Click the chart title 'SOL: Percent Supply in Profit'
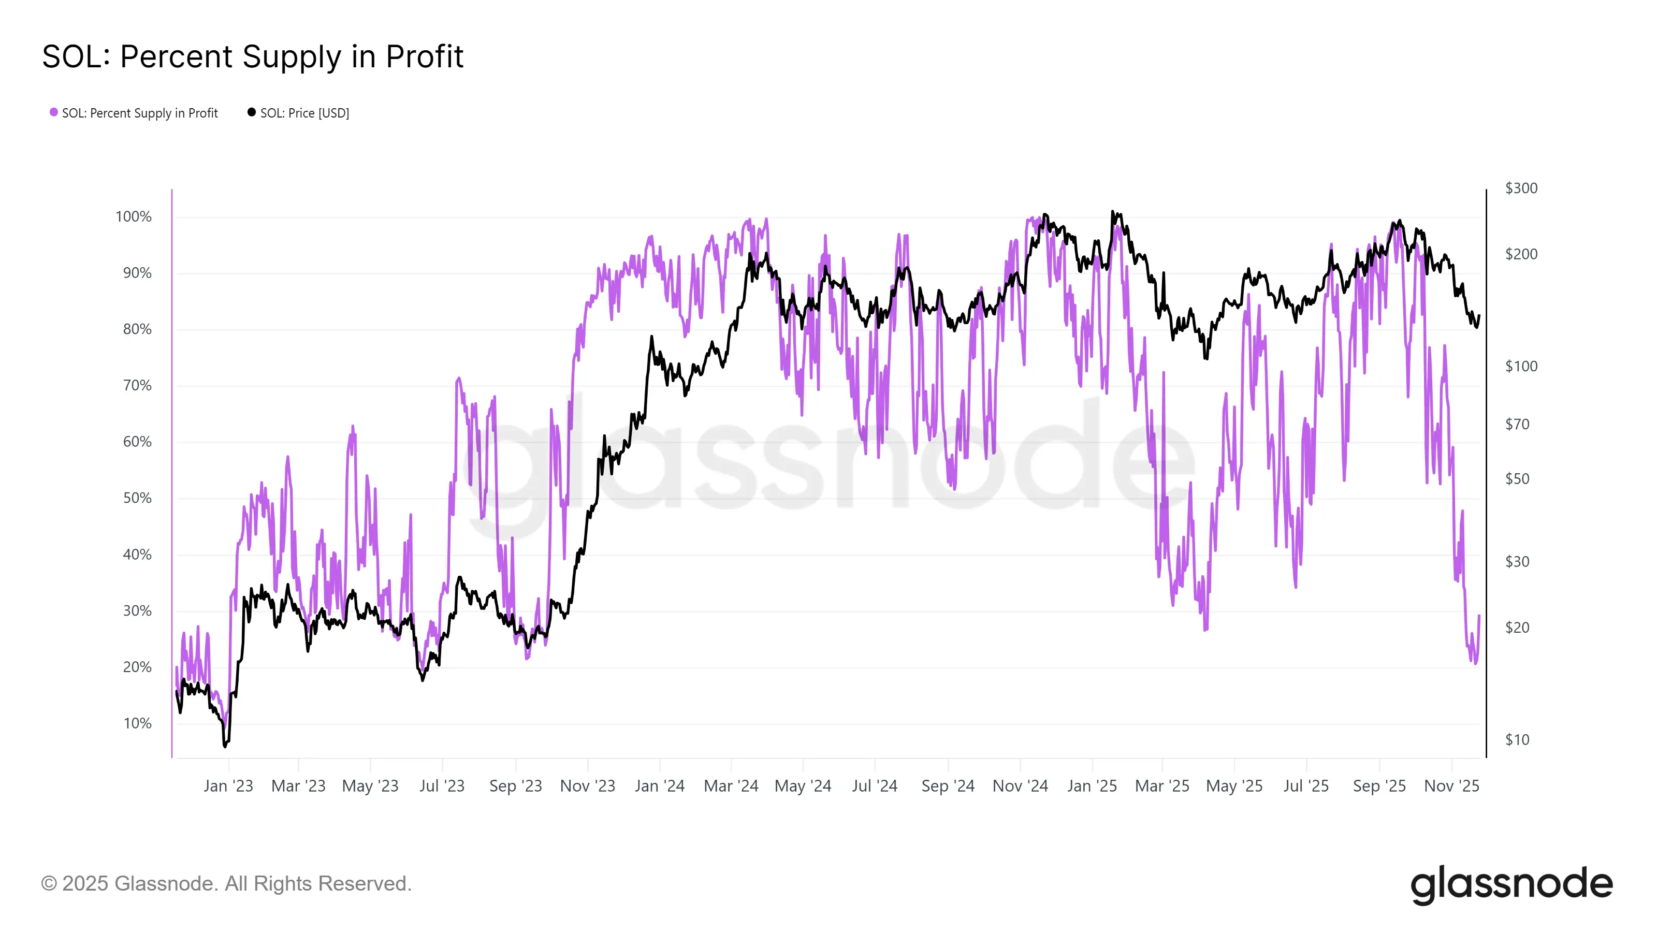[x=252, y=56]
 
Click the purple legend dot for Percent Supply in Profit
[x=54, y=112]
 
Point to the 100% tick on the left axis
[x=133, y=217]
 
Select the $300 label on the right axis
[x=1521, y=188]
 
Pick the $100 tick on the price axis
[x=1521, y=367]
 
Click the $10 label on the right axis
[x=1517, y=740]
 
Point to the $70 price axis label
[x=1517, y=425]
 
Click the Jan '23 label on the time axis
[x=228, y=786]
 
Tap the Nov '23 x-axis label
[x=587, y=786]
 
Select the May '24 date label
[x=803, y=786]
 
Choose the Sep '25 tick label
[x=1379, y=786]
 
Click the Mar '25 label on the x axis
[x=1161, y=786]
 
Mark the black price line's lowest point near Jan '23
[x=225, y=746]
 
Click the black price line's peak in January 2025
[x=1112, y=212]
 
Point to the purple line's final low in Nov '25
[x=1476, y=663]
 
